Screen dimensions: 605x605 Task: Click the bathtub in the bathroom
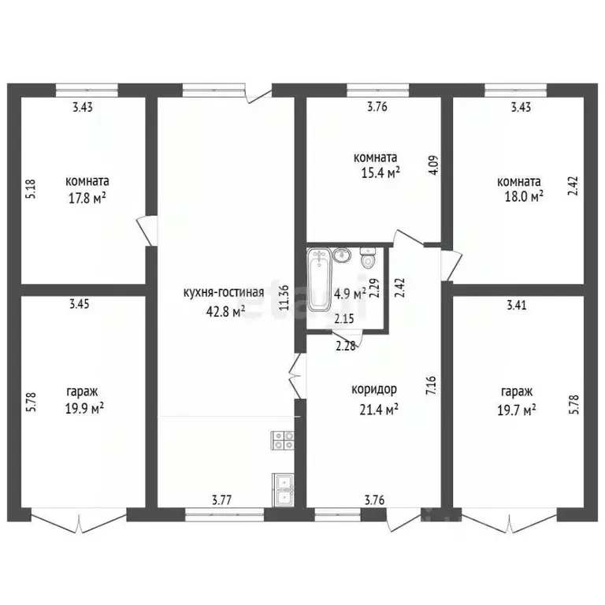click(319, 280)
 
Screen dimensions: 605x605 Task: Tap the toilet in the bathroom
click(368, 258)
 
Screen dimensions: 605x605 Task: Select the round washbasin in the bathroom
click(340, 255)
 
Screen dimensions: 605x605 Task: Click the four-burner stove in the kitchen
click(283, 440)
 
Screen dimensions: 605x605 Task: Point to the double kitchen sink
click(284, 490)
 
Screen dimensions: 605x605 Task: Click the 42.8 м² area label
click(226, 311)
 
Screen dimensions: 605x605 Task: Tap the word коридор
click(374, 390)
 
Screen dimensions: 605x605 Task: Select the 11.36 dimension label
click(284, 298)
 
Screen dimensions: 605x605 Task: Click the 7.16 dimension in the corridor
click(431, 384)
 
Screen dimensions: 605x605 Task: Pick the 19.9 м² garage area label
click(84, 409)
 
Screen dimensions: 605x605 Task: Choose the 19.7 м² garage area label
click(517, 410)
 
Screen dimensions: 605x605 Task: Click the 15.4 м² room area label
click(380, 173)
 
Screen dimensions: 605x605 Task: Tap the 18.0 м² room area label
click(525, 196)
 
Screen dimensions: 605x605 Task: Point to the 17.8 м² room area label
click(87, 199)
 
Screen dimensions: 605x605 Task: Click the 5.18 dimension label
click(32, 189)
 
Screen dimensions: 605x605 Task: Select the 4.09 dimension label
click(435, 165)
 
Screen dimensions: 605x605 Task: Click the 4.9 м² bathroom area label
click(350, 295)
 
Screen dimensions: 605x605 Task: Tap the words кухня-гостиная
click(224, 292)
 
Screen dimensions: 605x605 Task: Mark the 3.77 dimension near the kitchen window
click(222, 500)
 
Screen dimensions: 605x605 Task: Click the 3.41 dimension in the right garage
click(516, 305)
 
